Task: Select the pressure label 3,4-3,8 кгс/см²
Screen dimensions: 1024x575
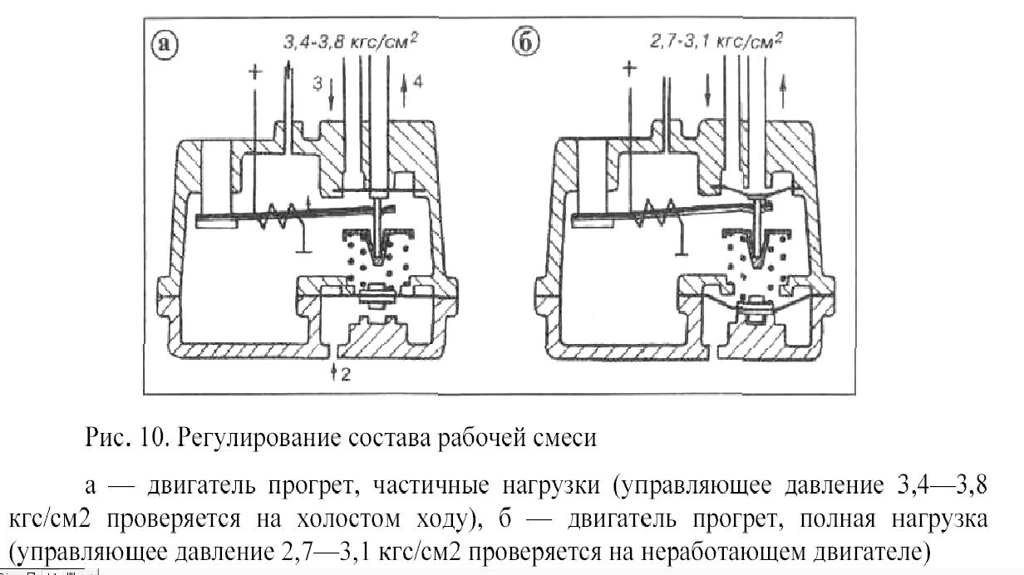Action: tap(350, 42)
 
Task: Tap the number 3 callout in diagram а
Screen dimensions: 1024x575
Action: tap(318, 84)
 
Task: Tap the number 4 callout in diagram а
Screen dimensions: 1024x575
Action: tap(418, 82)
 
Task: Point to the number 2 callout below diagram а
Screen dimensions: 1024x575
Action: tap(346, 376)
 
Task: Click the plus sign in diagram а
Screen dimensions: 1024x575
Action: tap(255, 71)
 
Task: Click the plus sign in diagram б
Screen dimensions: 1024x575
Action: tap(630, 70)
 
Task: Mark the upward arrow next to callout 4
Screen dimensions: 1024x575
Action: tap(404, 91)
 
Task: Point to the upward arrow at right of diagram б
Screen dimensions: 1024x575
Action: tap(784, 91)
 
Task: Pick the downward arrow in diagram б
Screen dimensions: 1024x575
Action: tap(707, 91)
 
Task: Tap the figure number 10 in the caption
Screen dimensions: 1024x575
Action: tap(154, 436)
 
